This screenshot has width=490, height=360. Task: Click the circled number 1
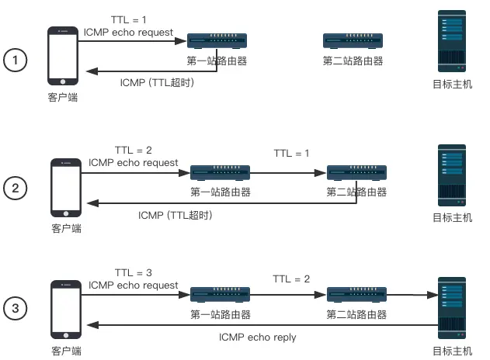pos(16,60)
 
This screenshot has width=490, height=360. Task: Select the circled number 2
pos(16,187)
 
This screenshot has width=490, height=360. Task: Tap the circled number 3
pos(16,308)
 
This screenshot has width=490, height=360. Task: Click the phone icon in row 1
pos(63,56)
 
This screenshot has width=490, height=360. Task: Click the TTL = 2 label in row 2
pos(134,150)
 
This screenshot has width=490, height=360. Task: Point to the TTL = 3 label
pos(134,272)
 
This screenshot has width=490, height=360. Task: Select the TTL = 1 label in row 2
pos(291,154)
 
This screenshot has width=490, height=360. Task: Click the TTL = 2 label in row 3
pos(291,278)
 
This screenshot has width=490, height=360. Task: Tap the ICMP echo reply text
pos(257,337)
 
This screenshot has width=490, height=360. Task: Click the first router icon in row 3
pos(220,295)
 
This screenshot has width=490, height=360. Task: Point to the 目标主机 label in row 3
pos(452,351)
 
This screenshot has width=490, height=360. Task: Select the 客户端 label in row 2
pos(66,229)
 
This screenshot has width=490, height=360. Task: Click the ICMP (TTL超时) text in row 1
pos(157,82)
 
